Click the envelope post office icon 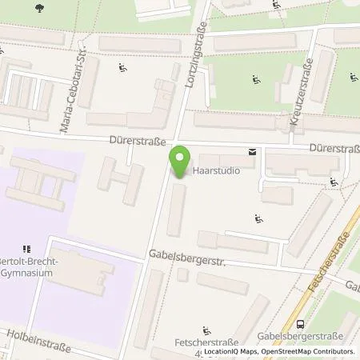point(253,151)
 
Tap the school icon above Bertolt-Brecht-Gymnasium point(26,248)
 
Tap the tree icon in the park point(40,8)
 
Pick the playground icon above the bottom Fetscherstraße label point(206,330)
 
